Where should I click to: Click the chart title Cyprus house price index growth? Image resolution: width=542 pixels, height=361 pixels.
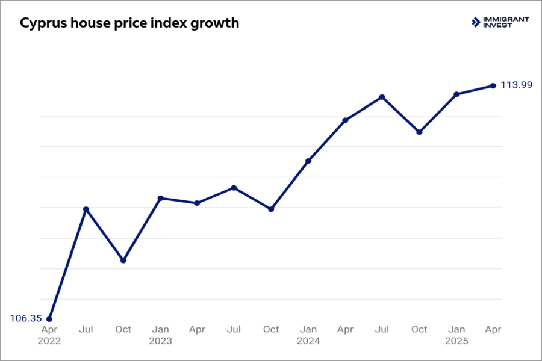coord(129,23)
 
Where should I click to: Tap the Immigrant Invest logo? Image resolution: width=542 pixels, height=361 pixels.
coord(500,22)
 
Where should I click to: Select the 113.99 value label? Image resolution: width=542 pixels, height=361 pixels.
coord(517,85)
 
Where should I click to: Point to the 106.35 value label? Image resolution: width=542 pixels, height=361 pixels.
coord(25,318)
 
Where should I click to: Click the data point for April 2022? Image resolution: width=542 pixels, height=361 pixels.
coord(49,319)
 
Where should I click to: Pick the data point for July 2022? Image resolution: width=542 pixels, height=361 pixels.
coord(86,209)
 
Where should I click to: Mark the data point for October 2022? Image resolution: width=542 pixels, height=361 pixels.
coord(123,261)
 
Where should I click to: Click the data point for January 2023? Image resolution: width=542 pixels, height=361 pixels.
coord(160,198)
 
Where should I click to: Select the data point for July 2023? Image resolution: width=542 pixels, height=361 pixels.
coord(234,188)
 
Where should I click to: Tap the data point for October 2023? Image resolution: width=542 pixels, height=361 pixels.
coord(271,209)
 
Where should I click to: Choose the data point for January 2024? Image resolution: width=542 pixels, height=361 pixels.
coord(308,161)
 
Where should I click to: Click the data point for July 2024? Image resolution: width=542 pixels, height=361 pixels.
coord(382,97)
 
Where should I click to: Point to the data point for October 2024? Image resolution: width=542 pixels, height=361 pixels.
coord(419,132)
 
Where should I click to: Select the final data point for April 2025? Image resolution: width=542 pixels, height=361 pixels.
coord(493,85)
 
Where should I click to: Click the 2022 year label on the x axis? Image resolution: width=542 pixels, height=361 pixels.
coord(49,341)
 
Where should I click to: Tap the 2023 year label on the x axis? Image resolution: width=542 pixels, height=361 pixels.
coord(160,341)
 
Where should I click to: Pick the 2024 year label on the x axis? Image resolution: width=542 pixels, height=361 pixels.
coord(308,341)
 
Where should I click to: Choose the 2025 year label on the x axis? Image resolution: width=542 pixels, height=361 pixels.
coord(456,341)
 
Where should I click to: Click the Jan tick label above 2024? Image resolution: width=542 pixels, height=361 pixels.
coord(308,329)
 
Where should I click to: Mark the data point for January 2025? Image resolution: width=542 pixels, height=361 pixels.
coord(456,94)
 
